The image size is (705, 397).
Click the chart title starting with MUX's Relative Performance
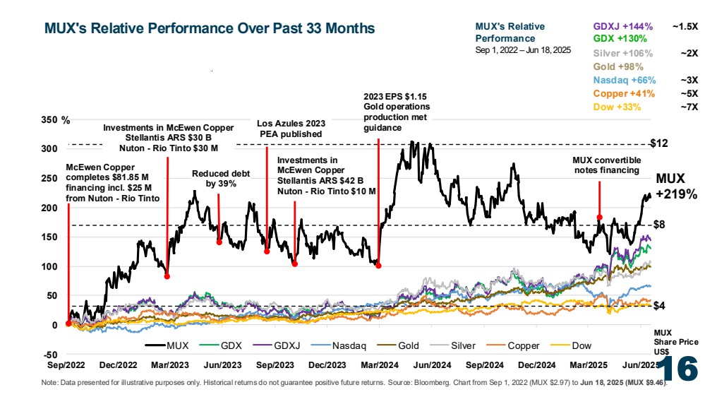(210, 28)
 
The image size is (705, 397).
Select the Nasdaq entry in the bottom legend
(339, 345)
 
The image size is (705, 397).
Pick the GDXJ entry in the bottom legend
(276, 345)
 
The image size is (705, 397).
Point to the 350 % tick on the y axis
(55, 120)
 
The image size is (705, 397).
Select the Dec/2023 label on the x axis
(327, 365)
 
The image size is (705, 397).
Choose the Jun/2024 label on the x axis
(432, 365)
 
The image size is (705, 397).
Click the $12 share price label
(659, 143)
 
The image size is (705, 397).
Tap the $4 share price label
(659, 306)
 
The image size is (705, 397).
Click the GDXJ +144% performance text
(622, 27)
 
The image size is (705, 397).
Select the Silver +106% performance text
(622, 53)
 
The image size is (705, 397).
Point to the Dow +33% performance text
(617, 107)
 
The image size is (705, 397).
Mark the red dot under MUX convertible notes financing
(599, 218)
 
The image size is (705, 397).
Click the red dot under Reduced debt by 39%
(219, 242)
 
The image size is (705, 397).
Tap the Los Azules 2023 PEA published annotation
(291, 129)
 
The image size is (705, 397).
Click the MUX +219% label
(677, 186)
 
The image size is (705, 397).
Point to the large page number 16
(680, 369)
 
